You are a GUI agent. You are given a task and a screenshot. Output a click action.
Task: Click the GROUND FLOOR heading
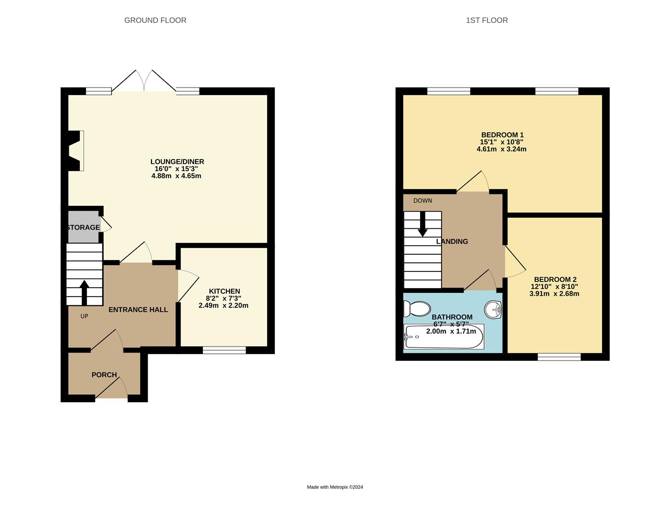155,20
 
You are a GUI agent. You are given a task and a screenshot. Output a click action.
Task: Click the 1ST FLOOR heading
486,20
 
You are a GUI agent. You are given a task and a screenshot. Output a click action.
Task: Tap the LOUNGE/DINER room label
177,161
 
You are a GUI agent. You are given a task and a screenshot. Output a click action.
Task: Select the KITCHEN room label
224,291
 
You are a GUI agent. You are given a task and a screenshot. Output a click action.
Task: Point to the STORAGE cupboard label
84,227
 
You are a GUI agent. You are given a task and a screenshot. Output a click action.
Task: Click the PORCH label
104,375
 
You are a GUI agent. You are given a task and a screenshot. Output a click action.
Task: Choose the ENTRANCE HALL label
138,310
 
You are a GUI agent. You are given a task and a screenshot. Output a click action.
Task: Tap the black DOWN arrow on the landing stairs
422,224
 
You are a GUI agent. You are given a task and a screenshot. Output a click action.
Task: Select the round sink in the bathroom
493,310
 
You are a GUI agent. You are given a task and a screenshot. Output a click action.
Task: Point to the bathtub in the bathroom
443,336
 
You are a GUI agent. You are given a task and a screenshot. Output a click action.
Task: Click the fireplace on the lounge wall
76,150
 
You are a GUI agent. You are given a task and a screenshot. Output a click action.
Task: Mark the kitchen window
224,350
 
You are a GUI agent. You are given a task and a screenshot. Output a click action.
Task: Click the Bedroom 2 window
559,356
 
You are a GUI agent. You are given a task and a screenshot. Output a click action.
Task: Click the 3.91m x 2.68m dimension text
554,294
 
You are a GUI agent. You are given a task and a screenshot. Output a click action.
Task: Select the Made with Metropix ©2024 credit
335,487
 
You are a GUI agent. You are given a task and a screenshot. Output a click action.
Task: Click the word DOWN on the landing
422,201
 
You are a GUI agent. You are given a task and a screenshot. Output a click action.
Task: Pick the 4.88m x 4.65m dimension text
176,176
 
